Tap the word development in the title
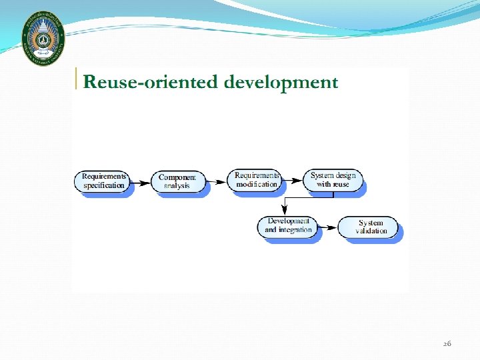[x=281, y=82]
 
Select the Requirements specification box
[x=103, y=181]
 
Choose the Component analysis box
[x=177, y=181]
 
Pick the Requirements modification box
[x=256, y=179]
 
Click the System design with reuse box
[x=333, y=179]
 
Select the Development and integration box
[x=287, y=225]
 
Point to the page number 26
[x=447, y=343]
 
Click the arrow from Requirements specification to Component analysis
[x=141, y=182]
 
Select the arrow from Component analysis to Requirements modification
[x=216, y=181]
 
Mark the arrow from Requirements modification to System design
[x=293, y=180]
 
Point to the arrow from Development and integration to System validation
[x=327, y=227]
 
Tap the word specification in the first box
[x=103, y=185]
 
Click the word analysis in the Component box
[x=177, y=186]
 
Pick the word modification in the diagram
[x=257, y=184]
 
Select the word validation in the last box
[x=371, y=231]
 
